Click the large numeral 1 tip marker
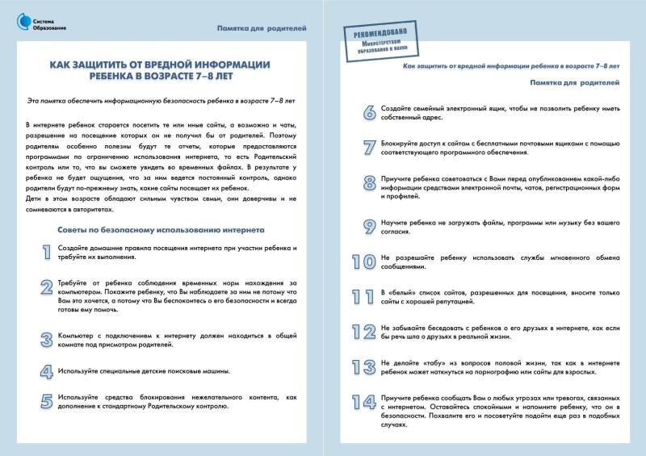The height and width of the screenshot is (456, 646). point(45,252)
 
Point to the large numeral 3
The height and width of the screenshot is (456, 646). point(45,339)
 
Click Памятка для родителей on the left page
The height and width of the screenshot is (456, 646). point(262,28)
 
